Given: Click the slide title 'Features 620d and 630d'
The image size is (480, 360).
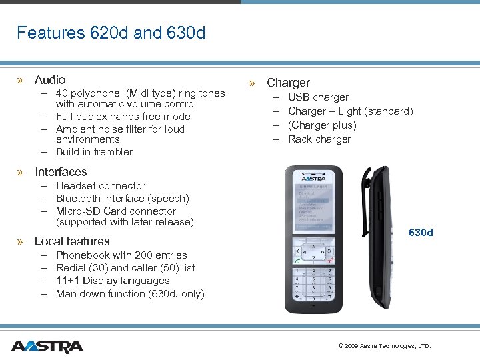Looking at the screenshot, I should (111, 33).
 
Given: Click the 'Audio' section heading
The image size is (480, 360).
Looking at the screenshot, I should (50, 80).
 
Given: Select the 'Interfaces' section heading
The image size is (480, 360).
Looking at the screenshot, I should (61, 172).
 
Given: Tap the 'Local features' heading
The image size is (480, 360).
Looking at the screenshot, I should (72, 241).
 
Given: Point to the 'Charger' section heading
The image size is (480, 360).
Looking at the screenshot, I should (288, 83).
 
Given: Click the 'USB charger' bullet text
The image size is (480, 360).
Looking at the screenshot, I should (318, 97).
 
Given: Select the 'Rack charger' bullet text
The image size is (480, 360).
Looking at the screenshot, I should (319, 139).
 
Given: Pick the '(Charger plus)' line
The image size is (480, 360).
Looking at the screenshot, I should (322, 125).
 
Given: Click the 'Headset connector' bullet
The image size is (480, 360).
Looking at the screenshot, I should (101, 186).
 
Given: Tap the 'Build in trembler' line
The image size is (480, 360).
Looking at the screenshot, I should (94, 152).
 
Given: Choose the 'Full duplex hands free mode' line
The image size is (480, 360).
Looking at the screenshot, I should (123, 117).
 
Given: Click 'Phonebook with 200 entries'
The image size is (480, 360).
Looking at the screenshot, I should (121, 255).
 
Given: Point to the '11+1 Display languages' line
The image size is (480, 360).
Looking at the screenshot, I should (113, 281).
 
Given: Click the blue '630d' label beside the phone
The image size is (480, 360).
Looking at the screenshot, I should (421, 233).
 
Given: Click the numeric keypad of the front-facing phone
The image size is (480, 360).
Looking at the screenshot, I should (313, 283).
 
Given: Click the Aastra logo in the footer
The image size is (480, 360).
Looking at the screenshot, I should (47, 346).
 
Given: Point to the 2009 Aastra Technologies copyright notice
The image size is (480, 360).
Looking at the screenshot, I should (385, 346).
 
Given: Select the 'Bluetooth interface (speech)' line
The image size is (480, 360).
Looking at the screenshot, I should (123, 199).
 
